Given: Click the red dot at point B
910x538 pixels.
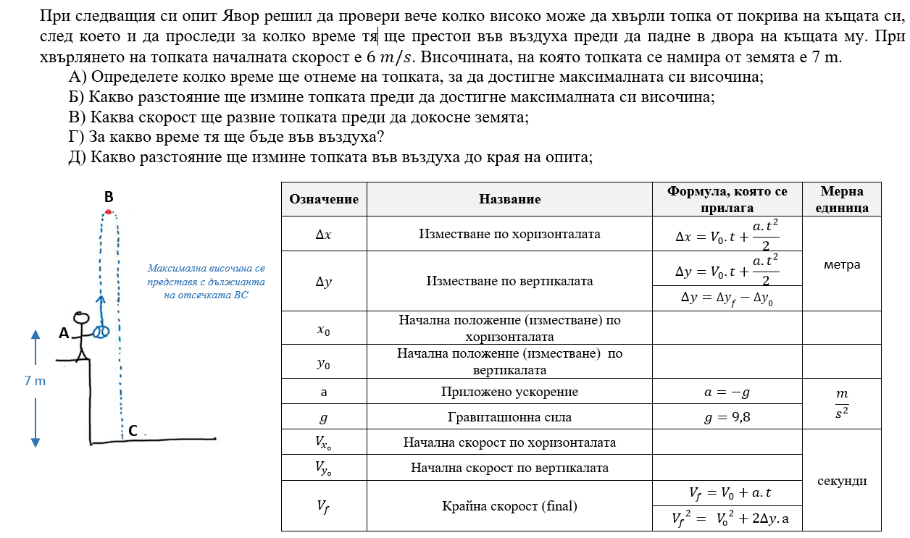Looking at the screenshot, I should (109, 211).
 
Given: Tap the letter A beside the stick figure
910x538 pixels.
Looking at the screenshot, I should (64, 334).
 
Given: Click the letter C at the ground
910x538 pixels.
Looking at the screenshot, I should (133, 431).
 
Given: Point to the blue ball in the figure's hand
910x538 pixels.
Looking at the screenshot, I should (101, 332).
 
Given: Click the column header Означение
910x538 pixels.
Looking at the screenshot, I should (324, 199).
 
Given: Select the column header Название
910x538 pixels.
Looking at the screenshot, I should (509, 199).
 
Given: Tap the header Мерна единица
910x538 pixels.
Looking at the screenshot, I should (842, 199).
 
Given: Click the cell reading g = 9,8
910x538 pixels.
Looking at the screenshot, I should (727, 417).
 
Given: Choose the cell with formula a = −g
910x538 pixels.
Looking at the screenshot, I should (727, 392).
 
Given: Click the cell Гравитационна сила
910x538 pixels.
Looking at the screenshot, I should (509, 417).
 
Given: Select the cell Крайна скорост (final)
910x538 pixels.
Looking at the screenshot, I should (509, 506).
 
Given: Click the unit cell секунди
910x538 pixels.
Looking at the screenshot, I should (842, 481).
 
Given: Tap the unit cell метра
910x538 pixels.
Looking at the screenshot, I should (842, 264).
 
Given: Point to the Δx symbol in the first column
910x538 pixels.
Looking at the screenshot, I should (324, 235).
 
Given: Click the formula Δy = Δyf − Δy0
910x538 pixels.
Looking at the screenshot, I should (727, 298).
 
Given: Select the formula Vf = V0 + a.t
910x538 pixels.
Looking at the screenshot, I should (727, 493).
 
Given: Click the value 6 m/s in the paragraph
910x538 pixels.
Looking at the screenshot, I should (392, 57).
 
